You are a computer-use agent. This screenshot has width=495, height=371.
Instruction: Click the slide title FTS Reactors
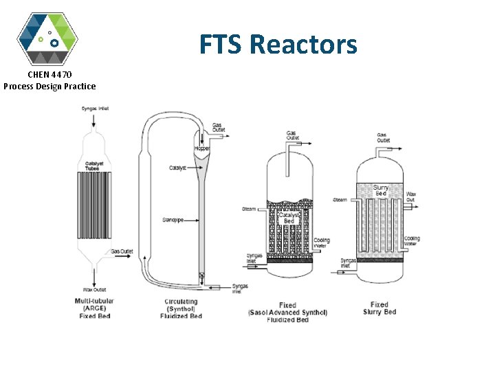(x=278, y=45)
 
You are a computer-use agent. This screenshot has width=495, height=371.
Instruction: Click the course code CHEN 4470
(x=49, y=74)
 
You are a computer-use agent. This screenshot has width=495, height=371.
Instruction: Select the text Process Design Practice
(x=49, y=86)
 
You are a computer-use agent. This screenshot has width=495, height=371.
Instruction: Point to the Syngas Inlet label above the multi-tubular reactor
(x=95, y=108)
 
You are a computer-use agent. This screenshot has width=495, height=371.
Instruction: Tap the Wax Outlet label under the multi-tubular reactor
(x=95, y=289)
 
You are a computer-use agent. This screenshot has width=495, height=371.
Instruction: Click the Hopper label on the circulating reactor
(x=202, y=148)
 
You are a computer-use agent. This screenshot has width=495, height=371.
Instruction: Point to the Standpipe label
(x=173, y=220)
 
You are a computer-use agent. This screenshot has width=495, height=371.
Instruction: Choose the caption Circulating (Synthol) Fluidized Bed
(x=181, y=308)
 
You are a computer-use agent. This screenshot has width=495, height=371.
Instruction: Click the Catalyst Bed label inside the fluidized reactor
(x=289, y=217)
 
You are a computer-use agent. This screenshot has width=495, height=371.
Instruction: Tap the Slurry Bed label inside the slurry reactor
(x=380, y=190)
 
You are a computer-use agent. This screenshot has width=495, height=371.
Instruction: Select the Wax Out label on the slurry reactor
(x=411, y=196)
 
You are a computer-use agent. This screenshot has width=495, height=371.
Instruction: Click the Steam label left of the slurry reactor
(x=340, y=200)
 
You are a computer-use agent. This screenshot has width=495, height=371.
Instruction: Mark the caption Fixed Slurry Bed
(x=379, y=308)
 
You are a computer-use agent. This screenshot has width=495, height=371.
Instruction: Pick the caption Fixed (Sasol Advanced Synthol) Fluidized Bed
(x=288, y=313)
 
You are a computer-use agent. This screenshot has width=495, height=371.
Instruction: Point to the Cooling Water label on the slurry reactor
(x=412, y=240)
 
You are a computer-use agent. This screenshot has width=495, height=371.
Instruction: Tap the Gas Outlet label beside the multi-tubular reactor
(x=122, y=251)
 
